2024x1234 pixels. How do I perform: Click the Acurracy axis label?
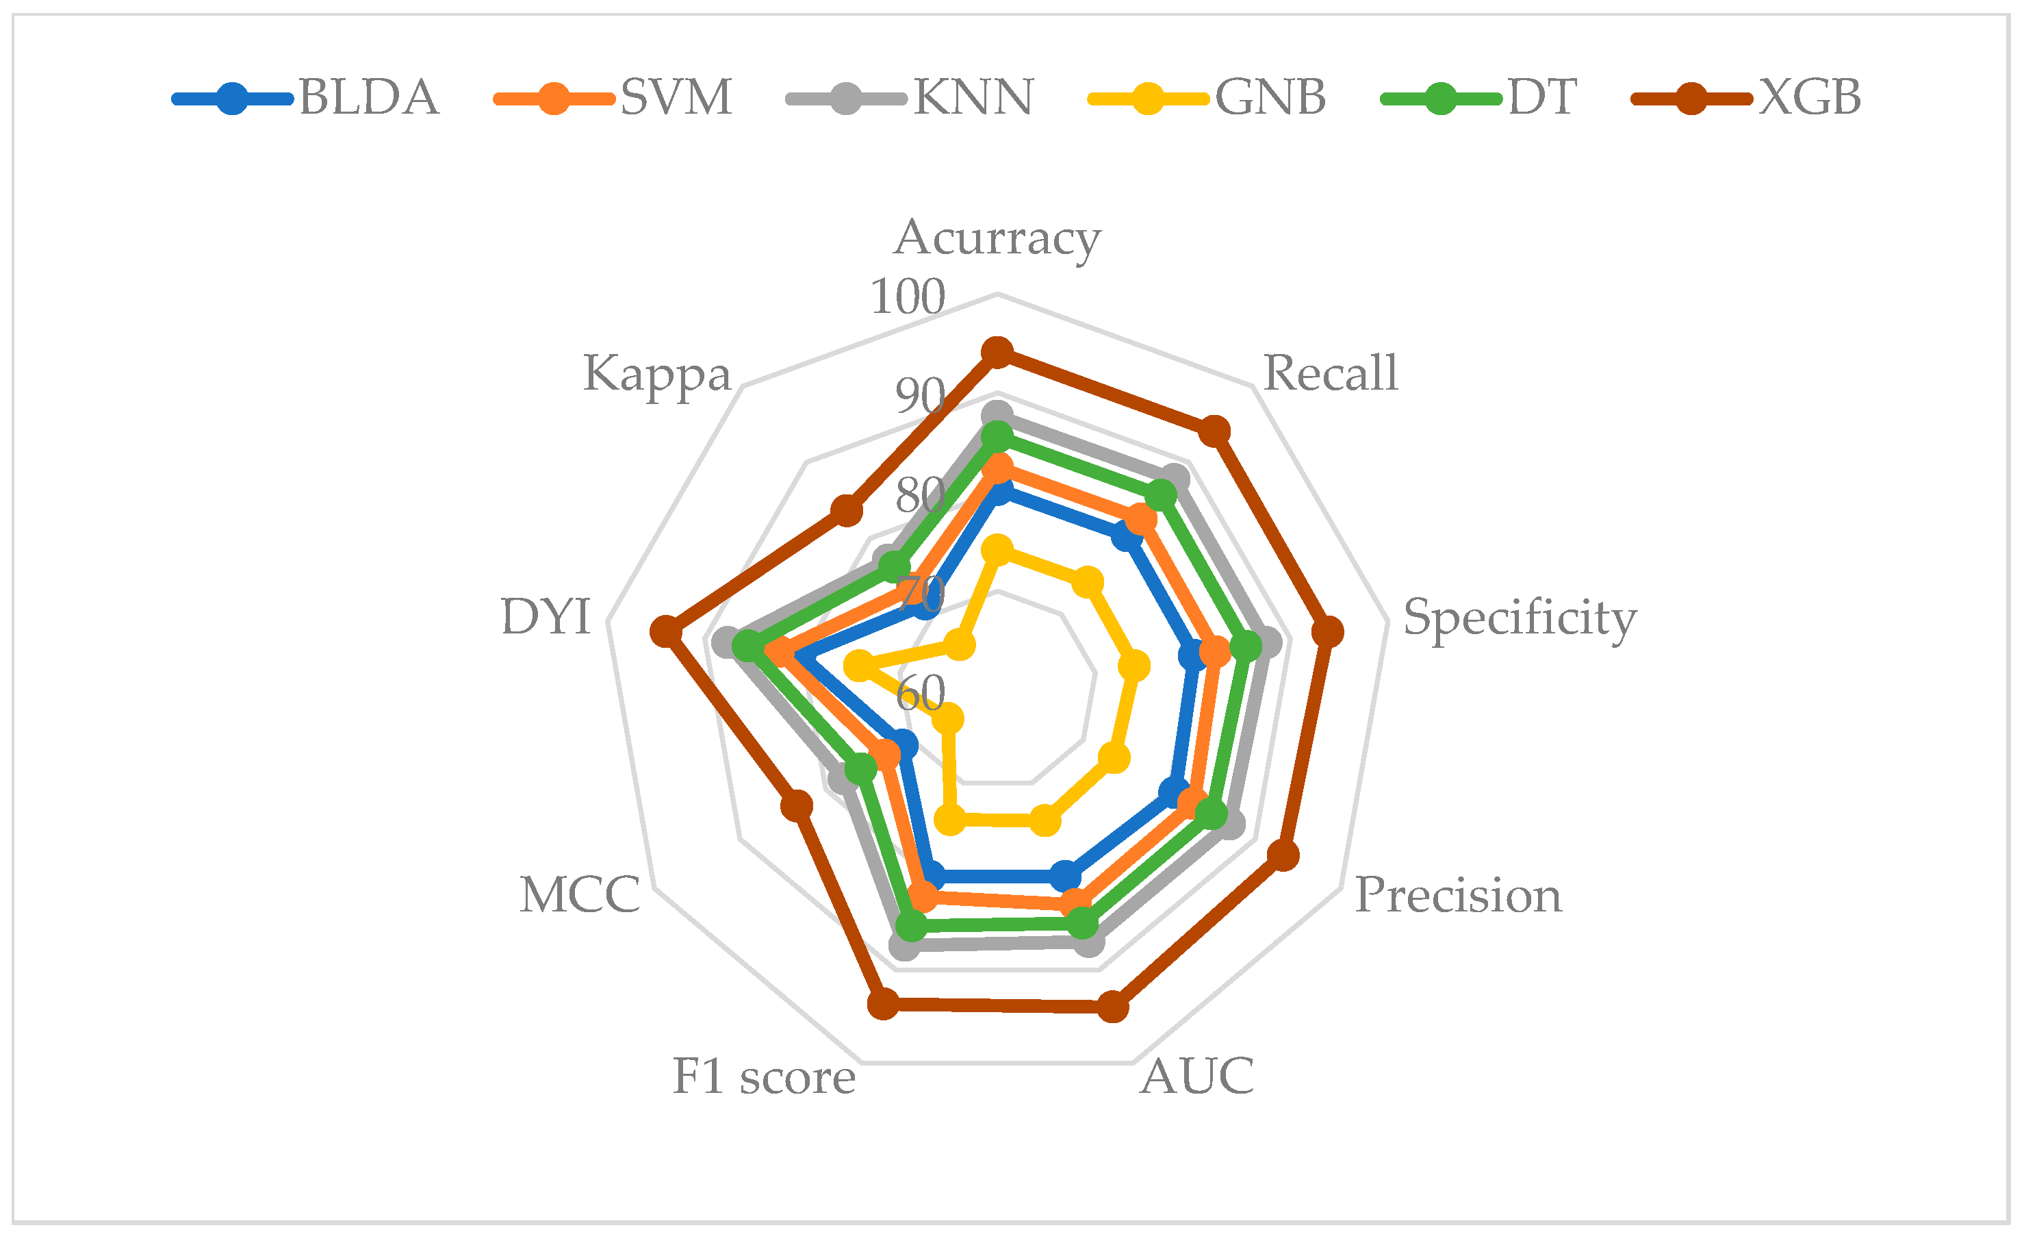point(997,239)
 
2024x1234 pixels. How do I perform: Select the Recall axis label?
point(1330,374)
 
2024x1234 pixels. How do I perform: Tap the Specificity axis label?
point(1520,618)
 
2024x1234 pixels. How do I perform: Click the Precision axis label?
point(1458,896)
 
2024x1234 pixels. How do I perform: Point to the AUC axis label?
point(1198,1076)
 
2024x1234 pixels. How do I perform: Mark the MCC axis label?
point(580,896)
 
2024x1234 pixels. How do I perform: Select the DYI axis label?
point(546,617)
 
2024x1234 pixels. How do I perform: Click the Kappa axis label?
point(657,375)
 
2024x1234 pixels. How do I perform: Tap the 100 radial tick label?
point(908,297)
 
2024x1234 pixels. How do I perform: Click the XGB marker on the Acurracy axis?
point(997,353)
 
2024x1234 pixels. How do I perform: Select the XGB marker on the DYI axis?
point(666,633)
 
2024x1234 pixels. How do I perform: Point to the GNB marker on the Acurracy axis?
point(999,549)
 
